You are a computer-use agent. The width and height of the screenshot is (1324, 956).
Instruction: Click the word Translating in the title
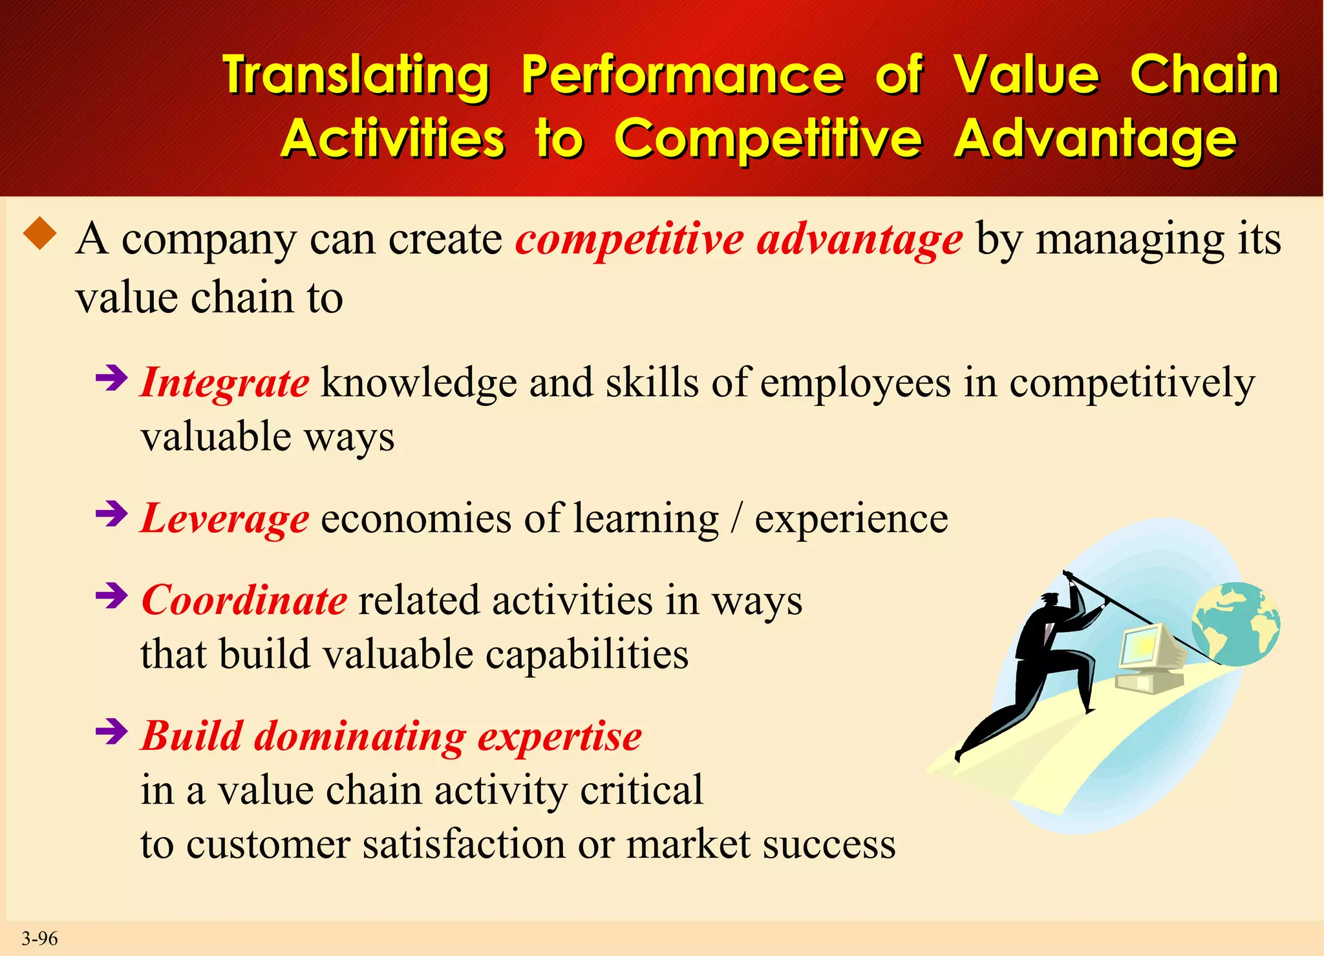(356, 76)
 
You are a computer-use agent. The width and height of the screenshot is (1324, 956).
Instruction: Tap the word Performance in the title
(683, 76)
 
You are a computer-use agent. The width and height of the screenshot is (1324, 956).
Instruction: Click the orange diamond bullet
(40, 233)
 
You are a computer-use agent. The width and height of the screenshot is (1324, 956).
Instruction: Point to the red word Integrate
(225, 383)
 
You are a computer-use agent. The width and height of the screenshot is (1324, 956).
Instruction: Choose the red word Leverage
(225, 518)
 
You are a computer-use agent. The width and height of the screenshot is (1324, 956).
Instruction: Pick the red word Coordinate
(244, 600)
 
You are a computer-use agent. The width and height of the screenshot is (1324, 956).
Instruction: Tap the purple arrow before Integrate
(111, 378)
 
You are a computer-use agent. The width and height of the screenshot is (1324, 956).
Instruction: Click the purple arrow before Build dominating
(111, 732)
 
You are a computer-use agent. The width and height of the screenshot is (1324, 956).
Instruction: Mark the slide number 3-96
(39, 938)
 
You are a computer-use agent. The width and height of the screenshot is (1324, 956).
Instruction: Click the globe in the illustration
(1235, 624)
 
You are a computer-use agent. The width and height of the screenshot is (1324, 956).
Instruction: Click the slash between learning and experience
(736, 518)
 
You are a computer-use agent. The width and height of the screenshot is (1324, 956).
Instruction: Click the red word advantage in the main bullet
(859, 239)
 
